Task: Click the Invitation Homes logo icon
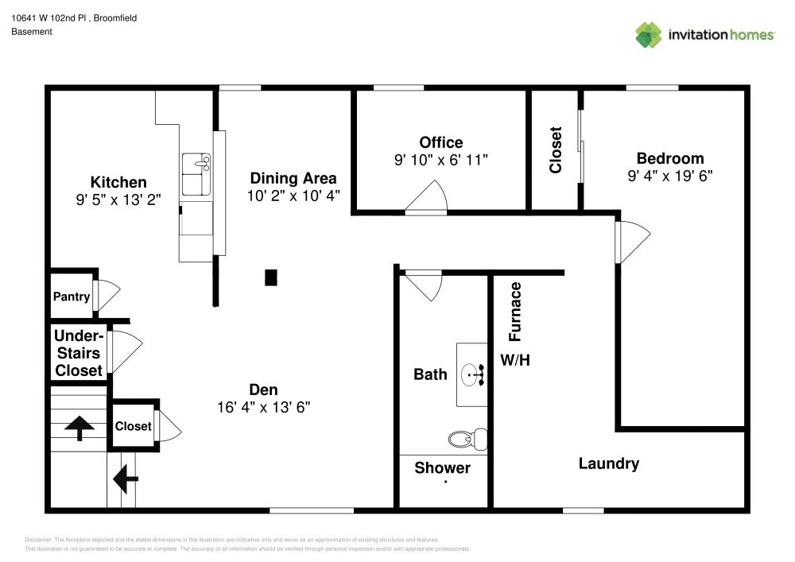point(649,35)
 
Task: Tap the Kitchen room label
point(118,182)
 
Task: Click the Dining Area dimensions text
point(293,196)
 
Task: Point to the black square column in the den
point(271,277)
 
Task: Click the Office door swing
point(430,199)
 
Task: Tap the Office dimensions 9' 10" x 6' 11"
point(440,160)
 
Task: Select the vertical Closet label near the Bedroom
point(556,149)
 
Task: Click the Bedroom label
point(670,158)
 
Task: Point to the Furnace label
point(516,311)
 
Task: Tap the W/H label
point(514,360)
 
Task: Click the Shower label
point(442,468)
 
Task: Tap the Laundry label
point(608,463)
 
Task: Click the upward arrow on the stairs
point(79,428)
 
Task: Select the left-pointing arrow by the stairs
point(126,479)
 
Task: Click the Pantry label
point(72,297)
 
